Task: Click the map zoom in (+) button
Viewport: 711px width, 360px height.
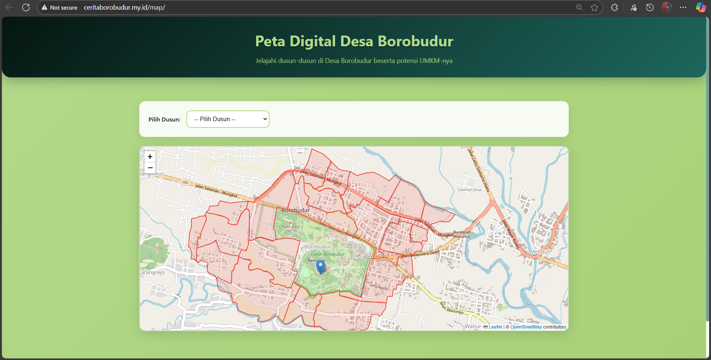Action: point(150,157)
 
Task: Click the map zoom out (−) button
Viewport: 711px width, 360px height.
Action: point(150,168)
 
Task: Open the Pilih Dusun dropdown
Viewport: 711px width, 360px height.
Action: point(228,119)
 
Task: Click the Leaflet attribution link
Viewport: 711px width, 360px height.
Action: point(495,327)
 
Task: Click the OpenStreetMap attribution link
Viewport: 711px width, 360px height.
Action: point(526,327)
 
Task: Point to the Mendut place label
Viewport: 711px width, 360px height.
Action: point(540,252)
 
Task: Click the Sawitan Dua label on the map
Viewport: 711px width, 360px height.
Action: point(469,190)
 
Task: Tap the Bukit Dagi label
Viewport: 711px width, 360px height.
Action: point(291,227)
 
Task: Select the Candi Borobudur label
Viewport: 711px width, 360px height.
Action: point(328,254)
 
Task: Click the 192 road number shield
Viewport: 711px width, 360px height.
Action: point(185,183)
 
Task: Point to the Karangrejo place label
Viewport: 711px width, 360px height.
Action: point(152,273)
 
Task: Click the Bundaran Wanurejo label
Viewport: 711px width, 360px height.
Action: point(462,234)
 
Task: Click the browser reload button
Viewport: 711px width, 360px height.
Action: point(26,7)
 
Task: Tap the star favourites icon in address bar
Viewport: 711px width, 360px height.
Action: point(594,7)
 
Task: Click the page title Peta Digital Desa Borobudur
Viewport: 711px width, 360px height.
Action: point(354,41)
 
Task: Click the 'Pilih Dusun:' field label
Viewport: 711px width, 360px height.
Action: point(164,120)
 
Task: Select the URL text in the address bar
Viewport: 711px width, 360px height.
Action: point(124,7)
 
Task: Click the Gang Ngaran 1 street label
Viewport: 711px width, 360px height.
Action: point(380,287)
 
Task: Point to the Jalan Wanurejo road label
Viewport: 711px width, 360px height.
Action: point(451,308)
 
